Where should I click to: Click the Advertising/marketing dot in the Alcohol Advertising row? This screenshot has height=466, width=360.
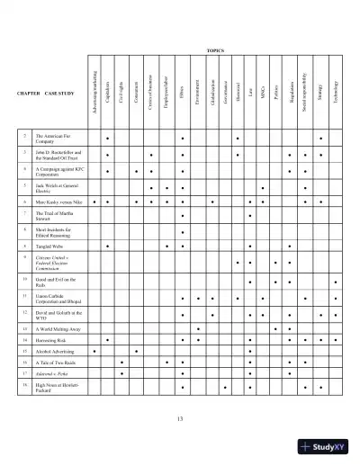(94, 351)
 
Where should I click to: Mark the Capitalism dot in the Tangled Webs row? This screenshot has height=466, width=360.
(108, 245)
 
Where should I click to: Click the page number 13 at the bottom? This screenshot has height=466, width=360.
(180, 419)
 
